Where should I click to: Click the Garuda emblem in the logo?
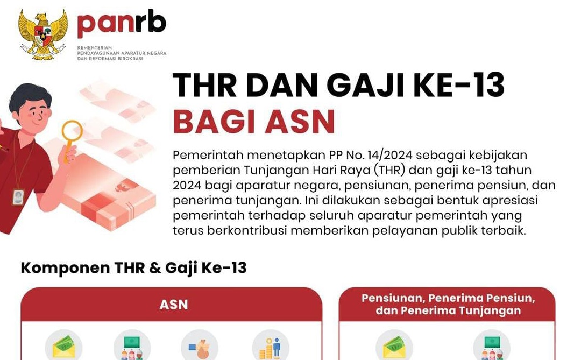(x=43, y=34)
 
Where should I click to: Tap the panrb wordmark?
(x=122, y=24)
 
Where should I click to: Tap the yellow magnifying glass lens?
(x=72, y=131)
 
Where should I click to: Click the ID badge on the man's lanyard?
(x=18, y=197)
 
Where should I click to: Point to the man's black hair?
(x=29, y=96)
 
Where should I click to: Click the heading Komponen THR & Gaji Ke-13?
(x=133, y=268)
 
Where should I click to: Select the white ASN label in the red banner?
(x=174, y=305)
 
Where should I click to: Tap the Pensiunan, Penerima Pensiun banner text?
(x=448, y=298)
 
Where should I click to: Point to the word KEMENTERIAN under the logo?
(x=95, y=47)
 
